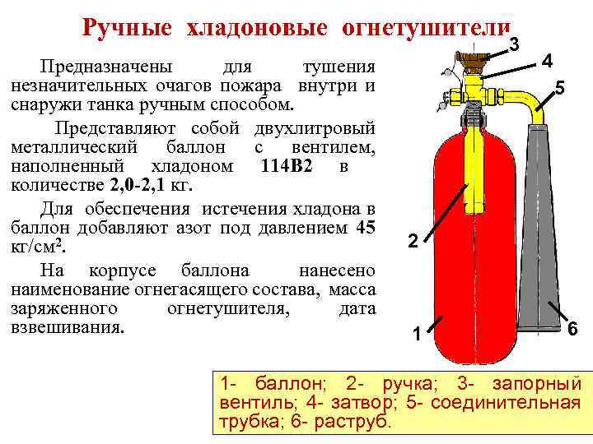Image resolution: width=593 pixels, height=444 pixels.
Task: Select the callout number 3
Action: point(513,44)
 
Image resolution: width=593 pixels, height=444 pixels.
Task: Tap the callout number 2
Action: point(413,241)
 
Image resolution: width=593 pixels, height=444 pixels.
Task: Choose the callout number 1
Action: point(418,334)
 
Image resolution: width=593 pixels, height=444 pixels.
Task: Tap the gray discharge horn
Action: point(538,238)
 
